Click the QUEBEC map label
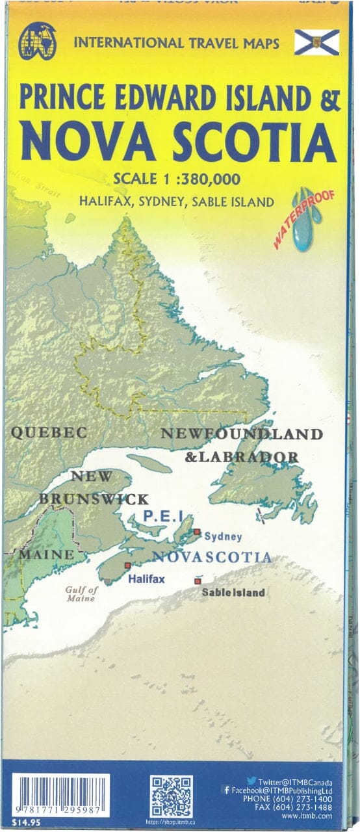click(x=49, y=432)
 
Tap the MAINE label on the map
click(x=45, y=555)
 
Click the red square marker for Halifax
click(x=127, y=565)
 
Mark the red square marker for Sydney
click(x=196, y=532)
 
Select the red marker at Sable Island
click(x=197, y=580)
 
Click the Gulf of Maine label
click(x=81, y=594)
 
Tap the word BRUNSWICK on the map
click(x=94, y=499)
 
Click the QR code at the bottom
click(x=171, y=795)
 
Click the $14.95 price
click(x=25, y=824)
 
